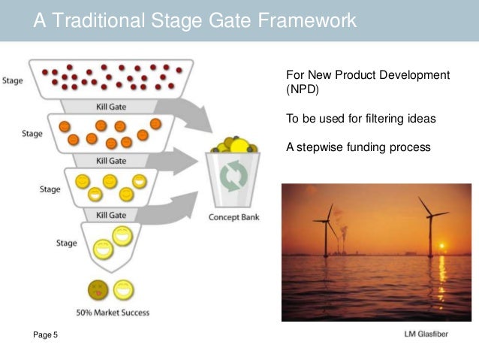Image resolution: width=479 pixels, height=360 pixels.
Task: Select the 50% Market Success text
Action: [113, 313]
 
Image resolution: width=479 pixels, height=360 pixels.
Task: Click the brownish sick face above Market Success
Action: [96, 289]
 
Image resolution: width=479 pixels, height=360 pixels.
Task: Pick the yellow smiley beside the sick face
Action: [123, 289]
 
